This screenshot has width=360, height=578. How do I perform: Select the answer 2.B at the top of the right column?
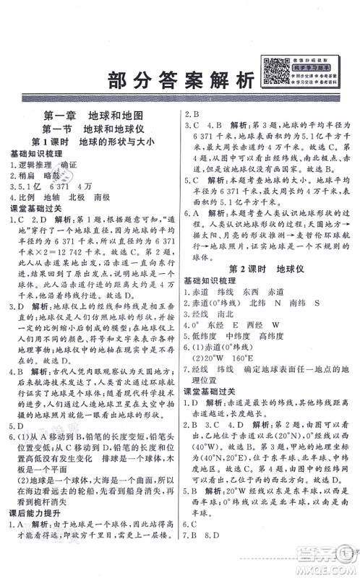[x=193, y=113]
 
